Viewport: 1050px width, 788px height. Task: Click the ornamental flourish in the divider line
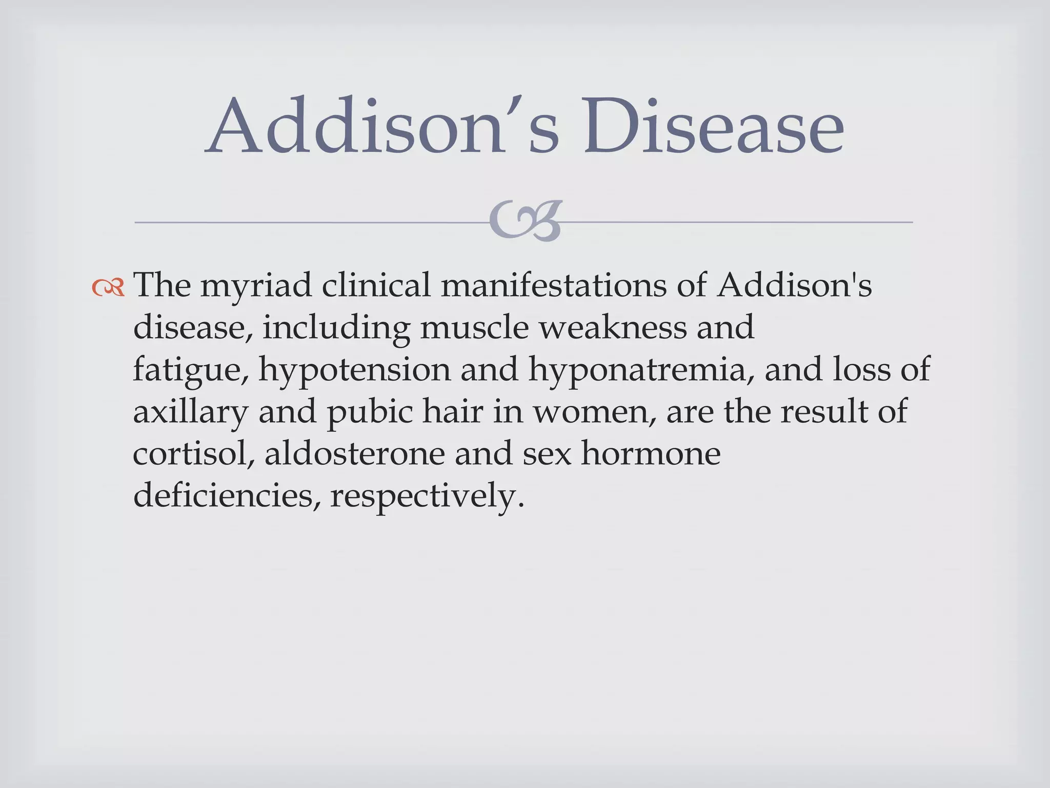[525, 222]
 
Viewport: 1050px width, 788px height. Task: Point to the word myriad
[256, 286]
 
